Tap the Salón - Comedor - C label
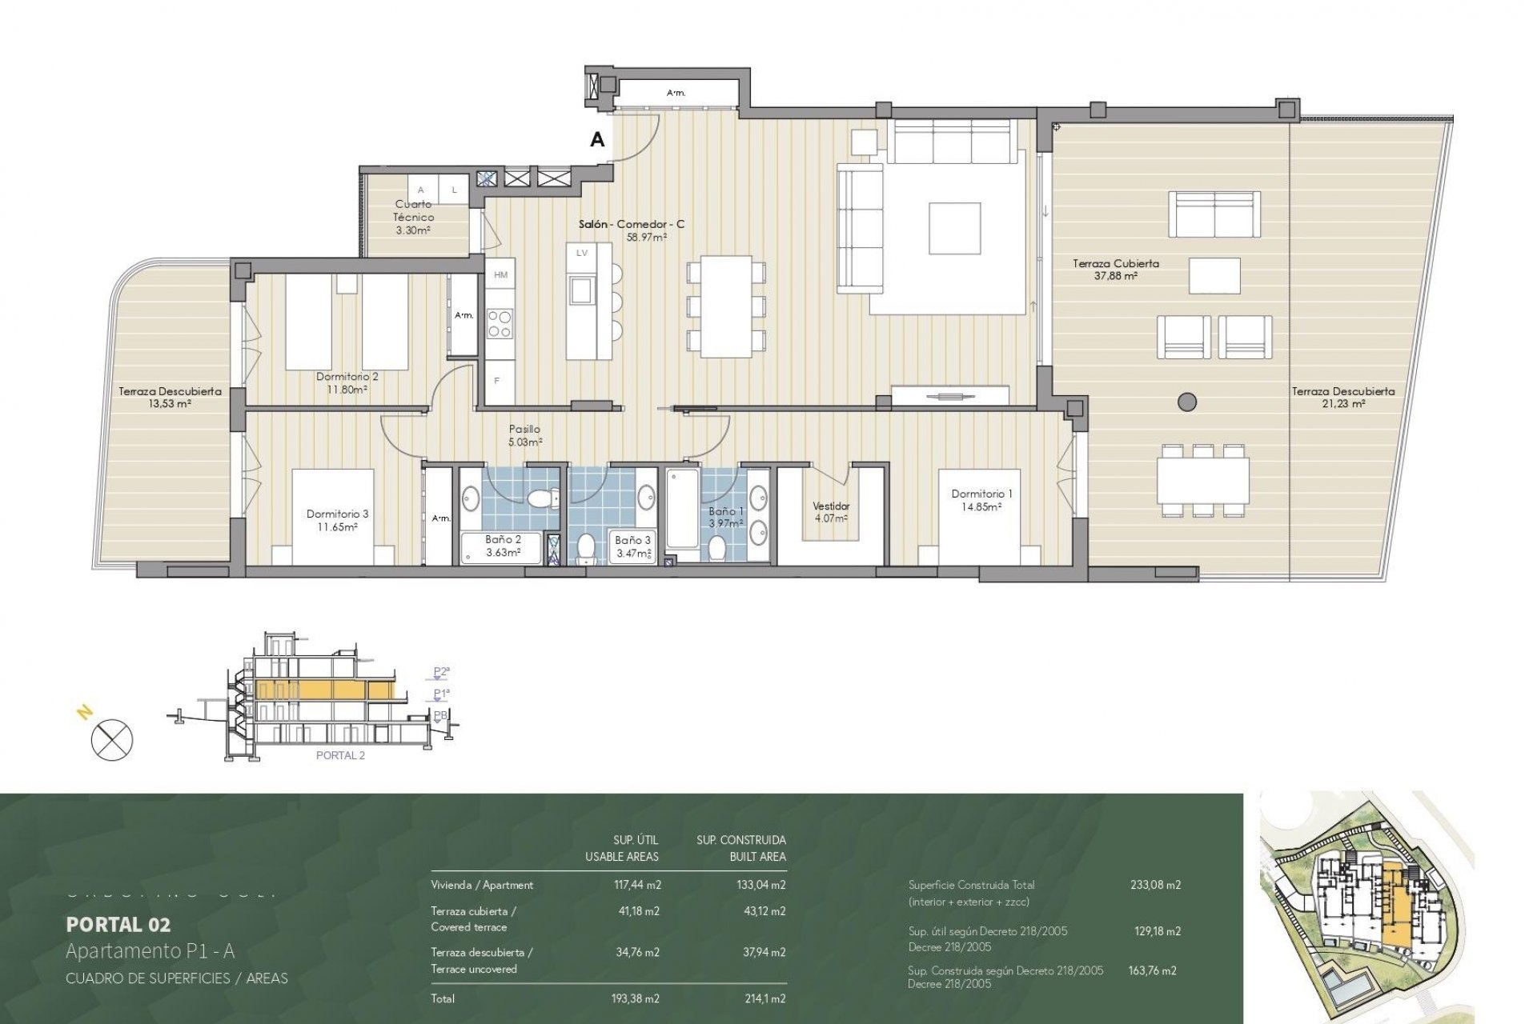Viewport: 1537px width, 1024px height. [x=632, y=225]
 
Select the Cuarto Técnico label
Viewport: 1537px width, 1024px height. [x=414, y=210]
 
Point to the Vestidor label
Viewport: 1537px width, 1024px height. [x=831, y=506]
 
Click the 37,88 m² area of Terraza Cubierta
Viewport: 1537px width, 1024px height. [x=1115, y=276]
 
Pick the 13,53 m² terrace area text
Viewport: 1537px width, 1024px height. [x=170, y=404]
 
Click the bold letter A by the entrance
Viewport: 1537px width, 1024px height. [x=597, y=140]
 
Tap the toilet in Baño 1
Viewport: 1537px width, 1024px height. [x=717, y=548]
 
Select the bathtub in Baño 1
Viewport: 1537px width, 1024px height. [x=683, y=509]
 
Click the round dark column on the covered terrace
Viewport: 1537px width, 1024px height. [x=1187, y=402]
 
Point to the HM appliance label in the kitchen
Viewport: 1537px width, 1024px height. [x=501, y=275]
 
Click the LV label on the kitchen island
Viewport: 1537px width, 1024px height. [x=582, y=253]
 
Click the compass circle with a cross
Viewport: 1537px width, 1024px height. [x=112, y=739]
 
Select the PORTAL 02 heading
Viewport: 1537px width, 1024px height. [x=118, y=925]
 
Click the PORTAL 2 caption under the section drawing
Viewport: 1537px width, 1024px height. [x=340, y=755]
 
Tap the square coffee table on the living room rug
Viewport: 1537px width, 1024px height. [x=954, y=228]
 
